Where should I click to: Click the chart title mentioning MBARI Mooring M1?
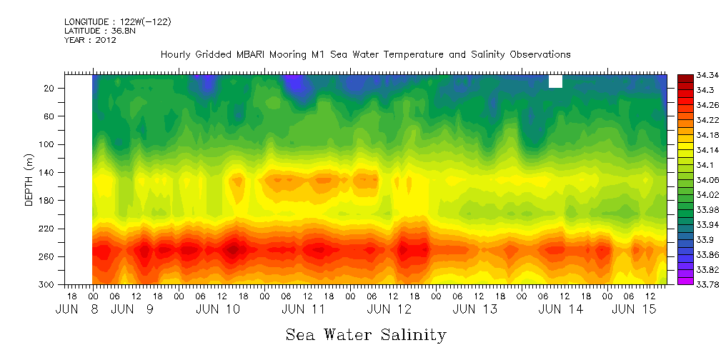365,54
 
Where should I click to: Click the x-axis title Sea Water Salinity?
366,334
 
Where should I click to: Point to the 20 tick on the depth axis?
50,88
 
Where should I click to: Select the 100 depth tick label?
48,144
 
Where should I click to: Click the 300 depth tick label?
48,284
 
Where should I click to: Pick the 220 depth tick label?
48,229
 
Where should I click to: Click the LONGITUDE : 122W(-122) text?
117,22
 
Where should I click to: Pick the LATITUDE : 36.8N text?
96,31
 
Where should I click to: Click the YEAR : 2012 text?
90,40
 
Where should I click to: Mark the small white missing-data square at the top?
555,81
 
